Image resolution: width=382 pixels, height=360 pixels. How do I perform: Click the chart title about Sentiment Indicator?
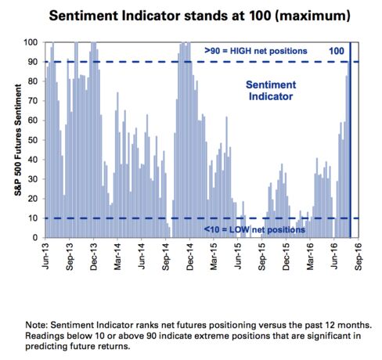(200, 16)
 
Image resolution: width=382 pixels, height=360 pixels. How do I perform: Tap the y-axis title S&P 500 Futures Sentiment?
(18, 140)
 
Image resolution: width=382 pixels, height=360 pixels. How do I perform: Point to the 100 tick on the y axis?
(31, 42)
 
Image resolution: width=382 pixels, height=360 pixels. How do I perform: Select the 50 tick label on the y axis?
(33, 140)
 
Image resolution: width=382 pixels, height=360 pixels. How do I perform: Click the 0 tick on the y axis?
(35, 238)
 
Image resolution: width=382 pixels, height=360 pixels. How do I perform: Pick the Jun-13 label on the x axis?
(45, 256)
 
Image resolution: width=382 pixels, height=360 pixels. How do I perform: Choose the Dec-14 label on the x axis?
(189, 257)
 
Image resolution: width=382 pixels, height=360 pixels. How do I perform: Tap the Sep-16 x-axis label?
(359, 257)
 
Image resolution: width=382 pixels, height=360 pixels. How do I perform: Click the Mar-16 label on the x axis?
(310, 257)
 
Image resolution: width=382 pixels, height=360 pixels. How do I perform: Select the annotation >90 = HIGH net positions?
(256, 51)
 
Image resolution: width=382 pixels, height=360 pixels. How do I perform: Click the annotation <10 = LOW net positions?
(254, 229)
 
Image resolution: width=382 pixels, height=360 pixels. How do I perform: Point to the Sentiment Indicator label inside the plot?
(271, 91)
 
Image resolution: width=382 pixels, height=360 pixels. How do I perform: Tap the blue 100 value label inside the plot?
(337, 51)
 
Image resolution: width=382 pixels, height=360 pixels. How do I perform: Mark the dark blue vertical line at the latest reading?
(350, 140)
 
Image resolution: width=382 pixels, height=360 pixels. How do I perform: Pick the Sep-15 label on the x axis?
(261, 257)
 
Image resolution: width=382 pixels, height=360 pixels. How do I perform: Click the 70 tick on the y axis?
(33, 101)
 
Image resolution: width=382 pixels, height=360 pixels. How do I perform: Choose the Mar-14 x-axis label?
(117, 257)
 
